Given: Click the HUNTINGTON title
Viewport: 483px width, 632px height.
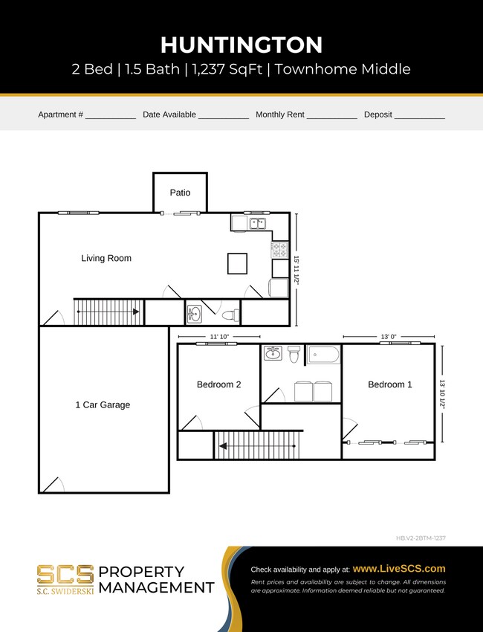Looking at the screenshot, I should (x=241, y=45).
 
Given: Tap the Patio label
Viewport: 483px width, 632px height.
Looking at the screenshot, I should (x=180, y=193).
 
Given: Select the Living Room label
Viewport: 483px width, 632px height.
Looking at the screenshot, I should (x=106, y=259).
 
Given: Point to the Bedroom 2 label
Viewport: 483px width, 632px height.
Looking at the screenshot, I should (x=218, y=384).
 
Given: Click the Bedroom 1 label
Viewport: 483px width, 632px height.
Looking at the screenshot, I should (x=390, y=384).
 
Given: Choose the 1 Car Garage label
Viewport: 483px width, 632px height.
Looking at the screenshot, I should (x=103, y=405).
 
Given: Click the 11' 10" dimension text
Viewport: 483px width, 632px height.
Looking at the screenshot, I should (x=219, y=337).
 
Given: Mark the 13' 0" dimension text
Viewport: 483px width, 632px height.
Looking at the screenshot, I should (x=389, y=337).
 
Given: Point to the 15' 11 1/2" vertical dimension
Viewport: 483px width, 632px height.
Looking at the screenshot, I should (x=296, y=270).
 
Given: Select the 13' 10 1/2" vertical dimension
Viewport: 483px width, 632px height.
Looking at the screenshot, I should (x=442, y=393).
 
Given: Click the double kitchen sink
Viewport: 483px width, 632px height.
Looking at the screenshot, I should (x=258, y=222).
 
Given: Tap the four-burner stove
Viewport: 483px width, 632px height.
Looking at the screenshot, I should (x=280, y=248).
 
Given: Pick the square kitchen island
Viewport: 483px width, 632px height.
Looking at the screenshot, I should (x=237, y=264).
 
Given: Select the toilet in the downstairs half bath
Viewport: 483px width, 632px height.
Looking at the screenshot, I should (x=231, y=315).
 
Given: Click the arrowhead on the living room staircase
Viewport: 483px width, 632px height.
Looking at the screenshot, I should (x=136, y=312).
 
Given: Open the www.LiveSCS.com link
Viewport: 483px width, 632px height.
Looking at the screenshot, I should (x=399, y=568).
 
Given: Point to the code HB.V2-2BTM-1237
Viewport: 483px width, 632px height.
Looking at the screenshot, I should (x=420, y=538).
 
